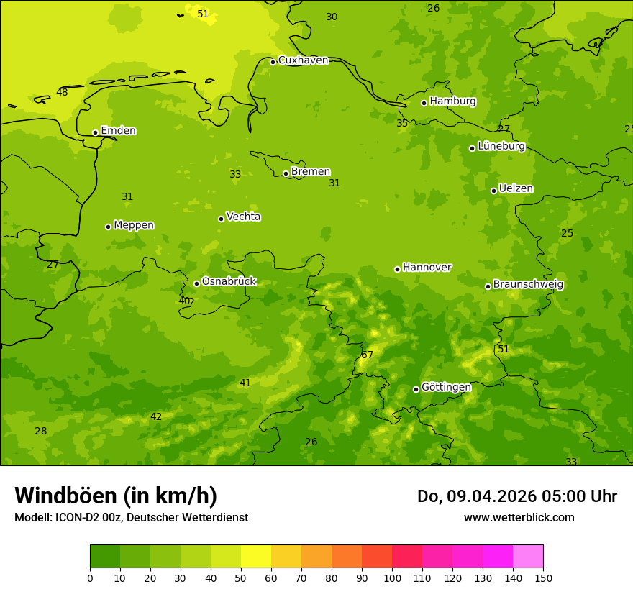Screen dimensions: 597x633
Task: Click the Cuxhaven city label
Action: click(303, 60)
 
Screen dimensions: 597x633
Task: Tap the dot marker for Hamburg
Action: click(424, 103)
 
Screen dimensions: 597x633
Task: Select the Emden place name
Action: click(118, 131)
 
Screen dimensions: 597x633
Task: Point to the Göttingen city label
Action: click(446, 388)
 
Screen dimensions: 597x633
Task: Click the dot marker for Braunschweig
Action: click(488, 286)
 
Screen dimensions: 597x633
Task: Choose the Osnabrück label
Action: click(229, 282)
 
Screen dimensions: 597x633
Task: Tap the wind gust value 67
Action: click(368, 355)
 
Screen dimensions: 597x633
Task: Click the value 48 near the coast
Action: click(62, 92)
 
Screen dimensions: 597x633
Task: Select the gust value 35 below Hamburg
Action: click(402, 124)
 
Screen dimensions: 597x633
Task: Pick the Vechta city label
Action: click(243, 217)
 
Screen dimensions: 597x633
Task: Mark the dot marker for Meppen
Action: click(108, 227)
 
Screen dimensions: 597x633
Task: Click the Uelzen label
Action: click(516, 189)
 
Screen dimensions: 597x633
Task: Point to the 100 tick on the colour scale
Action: click(392, 578)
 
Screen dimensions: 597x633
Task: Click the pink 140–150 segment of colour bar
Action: click(528, 557)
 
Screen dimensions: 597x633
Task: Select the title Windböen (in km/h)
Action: click(116, 496)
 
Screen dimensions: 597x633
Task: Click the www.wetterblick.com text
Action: click(519, 518)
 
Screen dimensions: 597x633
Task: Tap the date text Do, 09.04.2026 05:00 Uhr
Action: click(516, 496)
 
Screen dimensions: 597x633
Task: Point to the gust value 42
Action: click(156, 416)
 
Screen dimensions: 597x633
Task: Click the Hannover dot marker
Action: click(397, 269)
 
